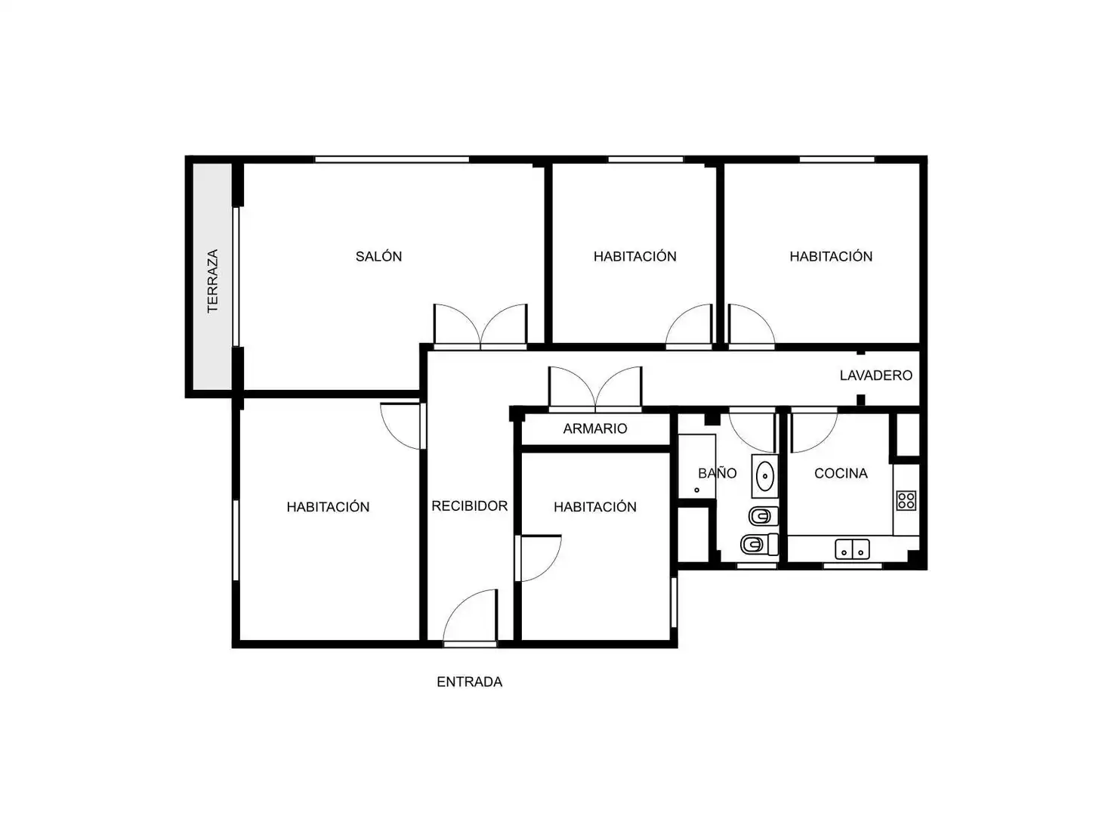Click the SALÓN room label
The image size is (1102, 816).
tap(378, 256)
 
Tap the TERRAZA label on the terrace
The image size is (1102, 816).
tap(213, 281)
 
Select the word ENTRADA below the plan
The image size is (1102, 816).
tap(469, 682)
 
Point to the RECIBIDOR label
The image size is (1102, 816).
tap(469, 506)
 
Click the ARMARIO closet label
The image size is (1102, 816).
tap(594, 428)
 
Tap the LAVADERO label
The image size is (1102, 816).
tap(875, 376)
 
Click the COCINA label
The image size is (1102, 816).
tap(841, 473)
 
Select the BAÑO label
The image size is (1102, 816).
tap(717, 473)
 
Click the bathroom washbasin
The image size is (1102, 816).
tap(764, 475)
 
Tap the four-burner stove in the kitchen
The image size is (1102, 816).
tap(906, 500)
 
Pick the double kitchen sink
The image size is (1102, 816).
tap(852, 549)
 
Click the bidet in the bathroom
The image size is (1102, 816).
tap(763, 517)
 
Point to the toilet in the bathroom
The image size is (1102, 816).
tap(759, 544)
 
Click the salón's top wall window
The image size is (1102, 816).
tap(392, 159)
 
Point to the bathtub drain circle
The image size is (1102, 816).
tap(696, 490)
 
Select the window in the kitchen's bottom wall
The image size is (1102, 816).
tap(853, 566)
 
